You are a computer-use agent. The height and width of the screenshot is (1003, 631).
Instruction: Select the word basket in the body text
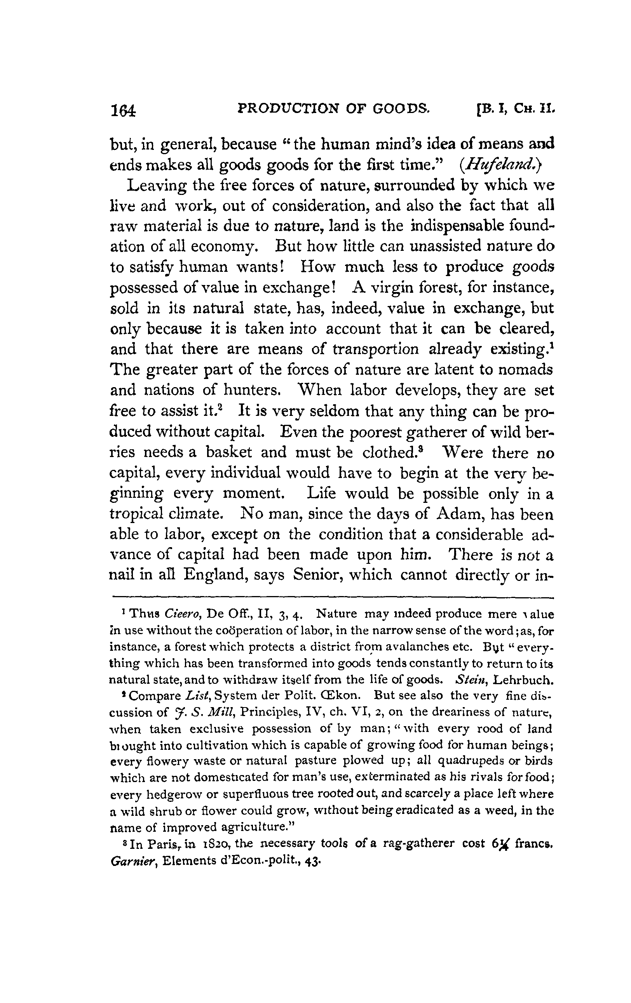229,452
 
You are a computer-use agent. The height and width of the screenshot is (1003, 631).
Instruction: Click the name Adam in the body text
458,514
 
